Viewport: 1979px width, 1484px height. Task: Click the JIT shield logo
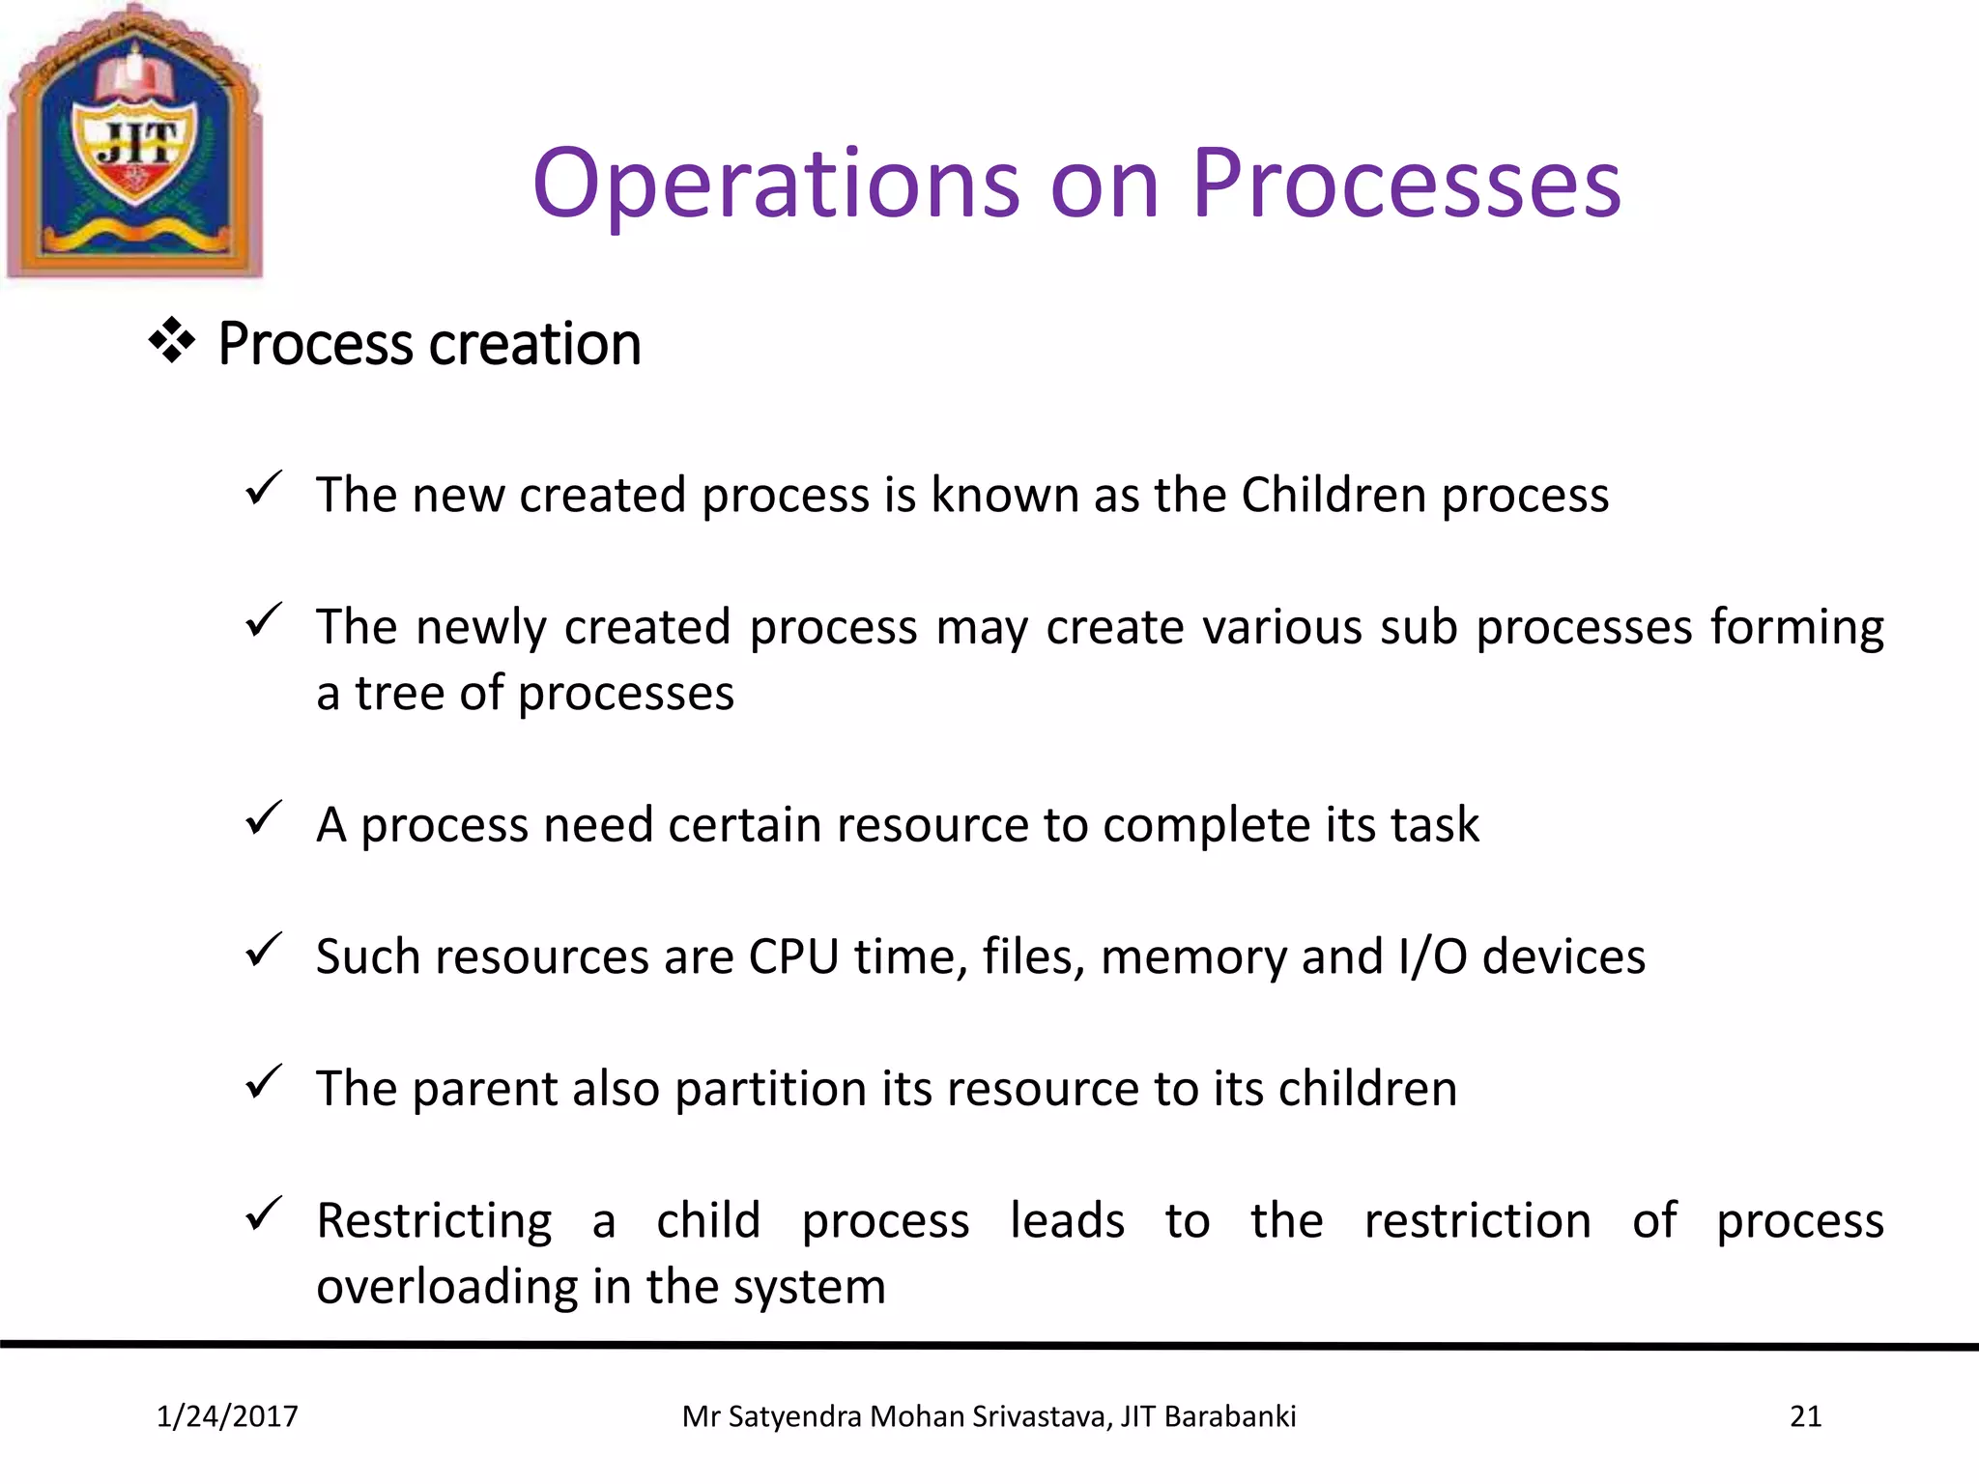point(135,143)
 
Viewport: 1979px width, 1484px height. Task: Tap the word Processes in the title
point(1406,184)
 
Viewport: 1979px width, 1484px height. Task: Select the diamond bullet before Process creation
point(172,341)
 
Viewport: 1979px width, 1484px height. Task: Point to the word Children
point(1333,495)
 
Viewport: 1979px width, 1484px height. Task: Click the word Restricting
point(434,1221)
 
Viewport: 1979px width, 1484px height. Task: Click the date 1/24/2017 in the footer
point(227,1416)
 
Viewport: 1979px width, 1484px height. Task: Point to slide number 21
point(1805,1416)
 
